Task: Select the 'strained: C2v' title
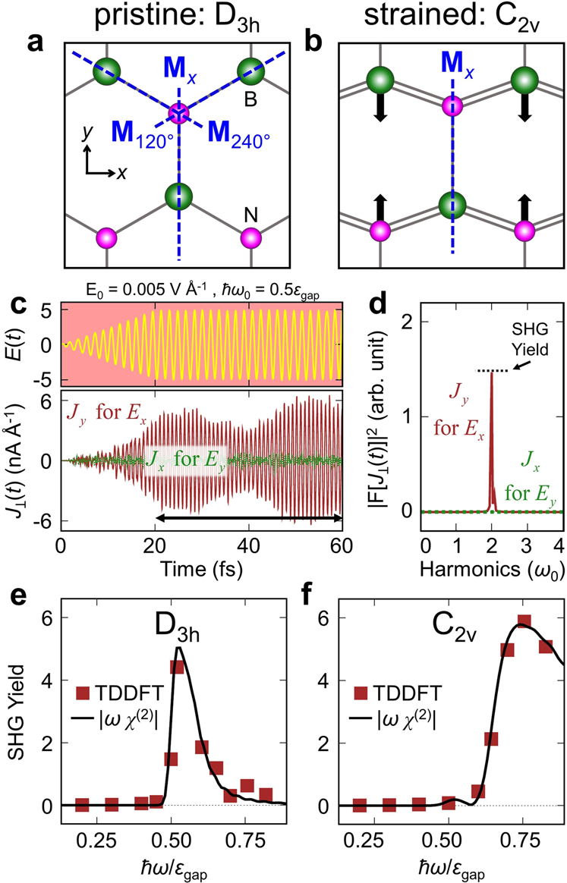(439, 17)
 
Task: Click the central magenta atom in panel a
(178, 115)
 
